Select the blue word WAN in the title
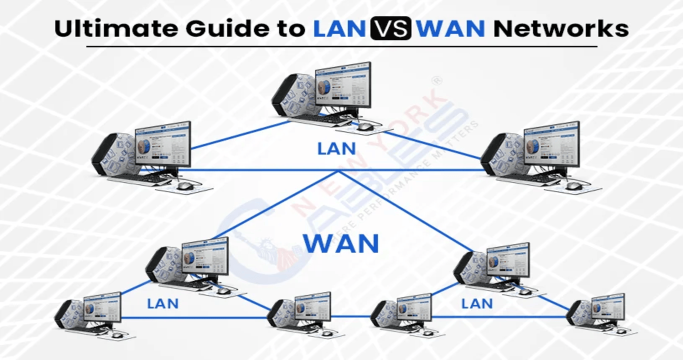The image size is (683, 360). point(450,29)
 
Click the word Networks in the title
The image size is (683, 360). point(560,29)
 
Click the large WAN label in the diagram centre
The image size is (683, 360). point(341,243)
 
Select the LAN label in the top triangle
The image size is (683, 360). point(336,148)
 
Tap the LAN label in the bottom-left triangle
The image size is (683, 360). point(162,303)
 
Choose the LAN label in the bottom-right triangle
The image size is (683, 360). point(476,303)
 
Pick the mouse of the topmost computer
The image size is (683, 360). point(364,127)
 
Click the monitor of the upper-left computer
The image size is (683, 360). point(162,144)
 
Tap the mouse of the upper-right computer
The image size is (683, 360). point(573,186)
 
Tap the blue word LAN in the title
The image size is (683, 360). point(339,29)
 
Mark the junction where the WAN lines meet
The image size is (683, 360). point(338,170)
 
